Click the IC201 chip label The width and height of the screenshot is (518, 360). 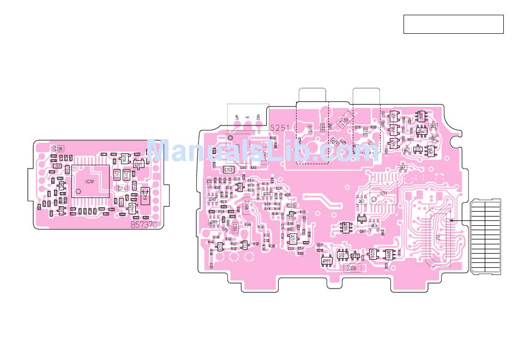click(91, 181)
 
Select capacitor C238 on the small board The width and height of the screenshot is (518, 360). click(58, 148)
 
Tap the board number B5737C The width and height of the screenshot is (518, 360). click(143, 224)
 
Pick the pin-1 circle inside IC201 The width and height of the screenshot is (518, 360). click(79, 191)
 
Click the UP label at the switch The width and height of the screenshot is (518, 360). click(237, 117)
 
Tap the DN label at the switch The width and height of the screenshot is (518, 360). click(258, 117)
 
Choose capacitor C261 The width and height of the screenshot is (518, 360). click(228, 170)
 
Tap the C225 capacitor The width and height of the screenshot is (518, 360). click(291, 206)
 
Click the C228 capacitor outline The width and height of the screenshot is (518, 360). click(352, 268)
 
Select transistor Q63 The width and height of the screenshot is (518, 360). click(374, 225)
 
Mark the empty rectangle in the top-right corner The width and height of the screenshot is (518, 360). click(453, 25)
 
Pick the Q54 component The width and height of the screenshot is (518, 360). click(420, 131)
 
